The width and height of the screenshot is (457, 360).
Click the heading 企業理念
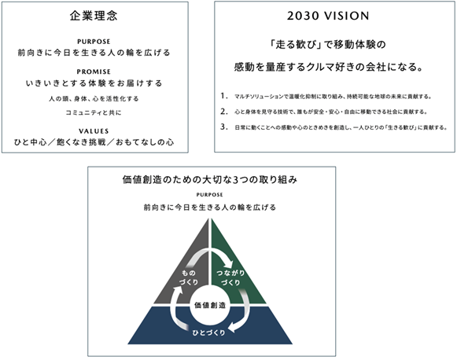(x=94, y=16)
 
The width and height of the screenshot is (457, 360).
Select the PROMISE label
(x=94, y=72)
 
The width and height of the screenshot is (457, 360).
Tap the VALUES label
(x=94, y=131)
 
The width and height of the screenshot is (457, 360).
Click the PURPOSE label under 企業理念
(x=94, y=42)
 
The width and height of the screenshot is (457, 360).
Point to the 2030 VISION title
(x=328, y=16)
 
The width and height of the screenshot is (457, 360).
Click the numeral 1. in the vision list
(x=224, y=96)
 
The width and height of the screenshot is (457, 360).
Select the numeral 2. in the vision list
(x=224, y=112)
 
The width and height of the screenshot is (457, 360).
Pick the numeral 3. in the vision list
(x=224, y=127)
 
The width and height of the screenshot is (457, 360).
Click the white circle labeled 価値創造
(x=210, y=305)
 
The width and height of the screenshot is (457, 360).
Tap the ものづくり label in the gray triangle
(x=189, y=277)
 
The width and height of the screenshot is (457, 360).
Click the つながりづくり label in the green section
(x=230, y=277)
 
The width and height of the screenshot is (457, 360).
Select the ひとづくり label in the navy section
(x=208, y=332)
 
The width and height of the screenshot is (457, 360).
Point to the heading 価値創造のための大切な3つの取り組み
(x=210, y=180)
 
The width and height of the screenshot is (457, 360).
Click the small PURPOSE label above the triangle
(x=209, y=195)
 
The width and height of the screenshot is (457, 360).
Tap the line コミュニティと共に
(x=94, y=112)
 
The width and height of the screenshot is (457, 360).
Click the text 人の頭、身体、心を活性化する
(x=94, y=99)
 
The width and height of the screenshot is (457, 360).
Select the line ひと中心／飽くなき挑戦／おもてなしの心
(x=94, y=142)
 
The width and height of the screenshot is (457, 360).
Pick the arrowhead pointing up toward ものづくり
(x=178, y=290)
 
